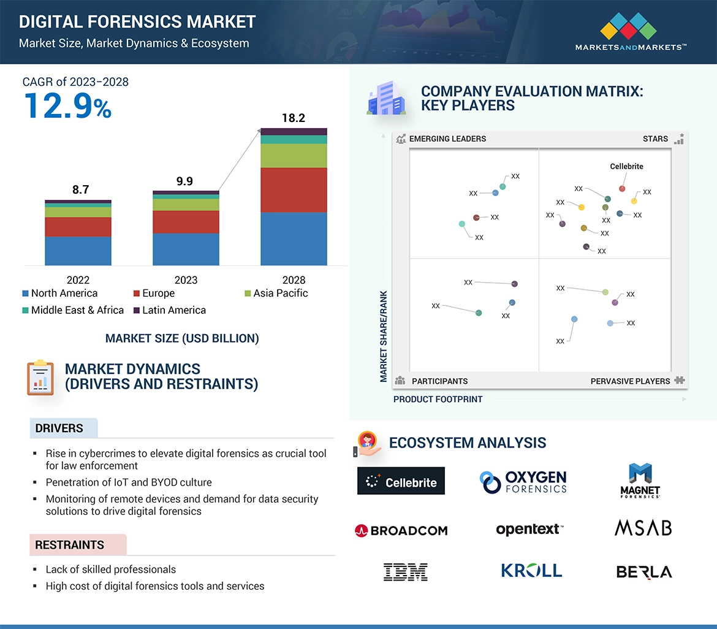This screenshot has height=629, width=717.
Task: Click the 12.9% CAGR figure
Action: (x=68, y=105)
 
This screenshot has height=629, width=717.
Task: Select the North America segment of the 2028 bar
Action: (x=294, y=238)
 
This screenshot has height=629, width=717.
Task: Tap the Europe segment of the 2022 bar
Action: (x=78, y=227)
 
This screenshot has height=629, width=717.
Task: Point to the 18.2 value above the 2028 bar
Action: (x=294, y=118)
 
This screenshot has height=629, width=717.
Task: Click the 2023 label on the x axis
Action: (x=186, y=280)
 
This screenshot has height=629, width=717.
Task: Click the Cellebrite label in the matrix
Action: (x=626, y=166)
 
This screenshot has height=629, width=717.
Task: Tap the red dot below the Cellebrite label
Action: (x=622, y=189)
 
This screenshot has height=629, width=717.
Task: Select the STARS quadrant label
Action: (x=655, y=139)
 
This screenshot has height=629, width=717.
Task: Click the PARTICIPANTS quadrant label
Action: (x=439, y=381)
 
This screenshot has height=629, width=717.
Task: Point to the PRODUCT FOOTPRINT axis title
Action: (x=438, y=399)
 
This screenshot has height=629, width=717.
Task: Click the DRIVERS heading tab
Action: (x=59, y=429)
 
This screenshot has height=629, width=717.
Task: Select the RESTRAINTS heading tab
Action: (x=70, y=545)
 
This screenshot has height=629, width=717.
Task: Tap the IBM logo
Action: (x=405, y=572)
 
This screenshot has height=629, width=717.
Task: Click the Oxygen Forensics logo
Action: (x=523, y=482)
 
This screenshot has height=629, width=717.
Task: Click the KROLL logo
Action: (x=531, y=571)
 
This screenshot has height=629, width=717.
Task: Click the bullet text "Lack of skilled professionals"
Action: (x=111, y=570)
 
